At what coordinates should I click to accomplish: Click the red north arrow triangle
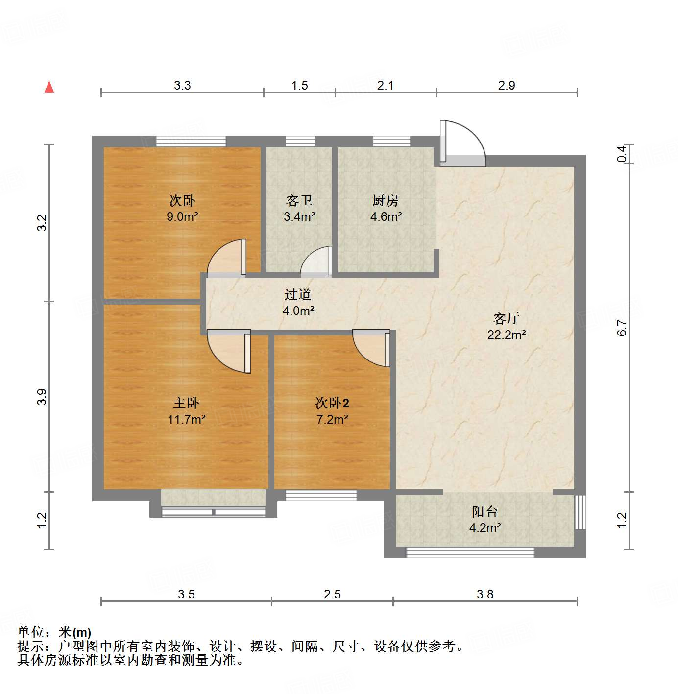pos(49,87)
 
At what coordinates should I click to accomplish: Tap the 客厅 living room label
pos(506,318)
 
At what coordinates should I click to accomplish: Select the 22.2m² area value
pos(506,335)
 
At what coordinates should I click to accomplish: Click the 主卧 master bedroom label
pos(186,403)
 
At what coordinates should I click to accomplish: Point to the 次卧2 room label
pos(332,403)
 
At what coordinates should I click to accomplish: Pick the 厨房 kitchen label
pos(386,200)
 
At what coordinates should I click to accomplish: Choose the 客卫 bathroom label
pos(299,200)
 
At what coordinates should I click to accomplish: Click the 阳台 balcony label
pos(484,512)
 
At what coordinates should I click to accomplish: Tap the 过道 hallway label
pos(298,294)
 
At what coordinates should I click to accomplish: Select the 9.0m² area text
pos(182,216)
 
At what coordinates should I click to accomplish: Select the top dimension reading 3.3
pos(182,85)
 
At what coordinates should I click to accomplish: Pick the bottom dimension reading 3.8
pos(485,594)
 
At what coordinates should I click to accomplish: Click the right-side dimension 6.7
pos(622,327)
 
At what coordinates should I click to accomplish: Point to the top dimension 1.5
pos(299,85)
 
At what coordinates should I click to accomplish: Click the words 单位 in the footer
pos(31,632)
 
